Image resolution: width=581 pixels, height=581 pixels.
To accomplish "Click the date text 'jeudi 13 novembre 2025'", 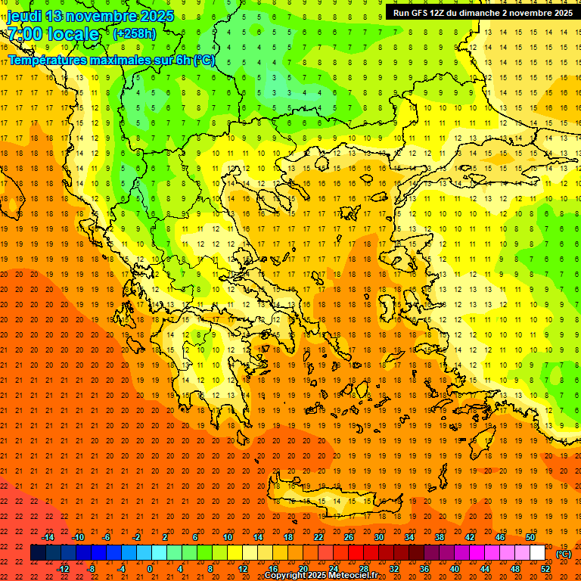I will pyautogui.click(x=91, y=16).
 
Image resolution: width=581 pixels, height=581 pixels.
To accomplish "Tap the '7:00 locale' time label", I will pyautogui.click(x=53, y=34).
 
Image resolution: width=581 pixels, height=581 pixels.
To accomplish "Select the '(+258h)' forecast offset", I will pyautogui.click(x=134, y=33).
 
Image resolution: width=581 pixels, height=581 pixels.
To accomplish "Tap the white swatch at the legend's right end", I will pyautogui.click(x=537, y=553).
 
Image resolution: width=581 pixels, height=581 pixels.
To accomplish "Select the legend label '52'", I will pyautogui.click(x=545, y=569).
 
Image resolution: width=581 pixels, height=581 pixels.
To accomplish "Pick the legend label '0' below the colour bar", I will pyautogui.click(x=150, y=569).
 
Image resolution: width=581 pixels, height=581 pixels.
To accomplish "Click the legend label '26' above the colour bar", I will pyautogui.click(x=349, y=537).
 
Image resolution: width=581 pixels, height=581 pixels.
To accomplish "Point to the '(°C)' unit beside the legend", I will pyautogui.click(x=564, y=554).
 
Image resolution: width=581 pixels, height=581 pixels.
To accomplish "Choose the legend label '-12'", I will pyautogui.click(x=63, y=569).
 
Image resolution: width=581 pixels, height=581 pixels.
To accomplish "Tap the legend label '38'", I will pyautogui.click(x=440, y=537).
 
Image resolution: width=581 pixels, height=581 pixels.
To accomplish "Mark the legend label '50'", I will pyautogui.click(x=530, y=537).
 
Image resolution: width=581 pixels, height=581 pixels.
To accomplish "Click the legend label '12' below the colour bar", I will pyautogui.click(x=243, y=569).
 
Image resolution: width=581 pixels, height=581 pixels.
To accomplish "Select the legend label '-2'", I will pyautogui.click(x=137, y=537).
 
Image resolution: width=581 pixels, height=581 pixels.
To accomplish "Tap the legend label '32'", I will pyautogui.click(x=394, y=569).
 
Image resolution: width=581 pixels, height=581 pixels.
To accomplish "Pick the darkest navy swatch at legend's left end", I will pyautogui.click(x=38, y=553).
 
